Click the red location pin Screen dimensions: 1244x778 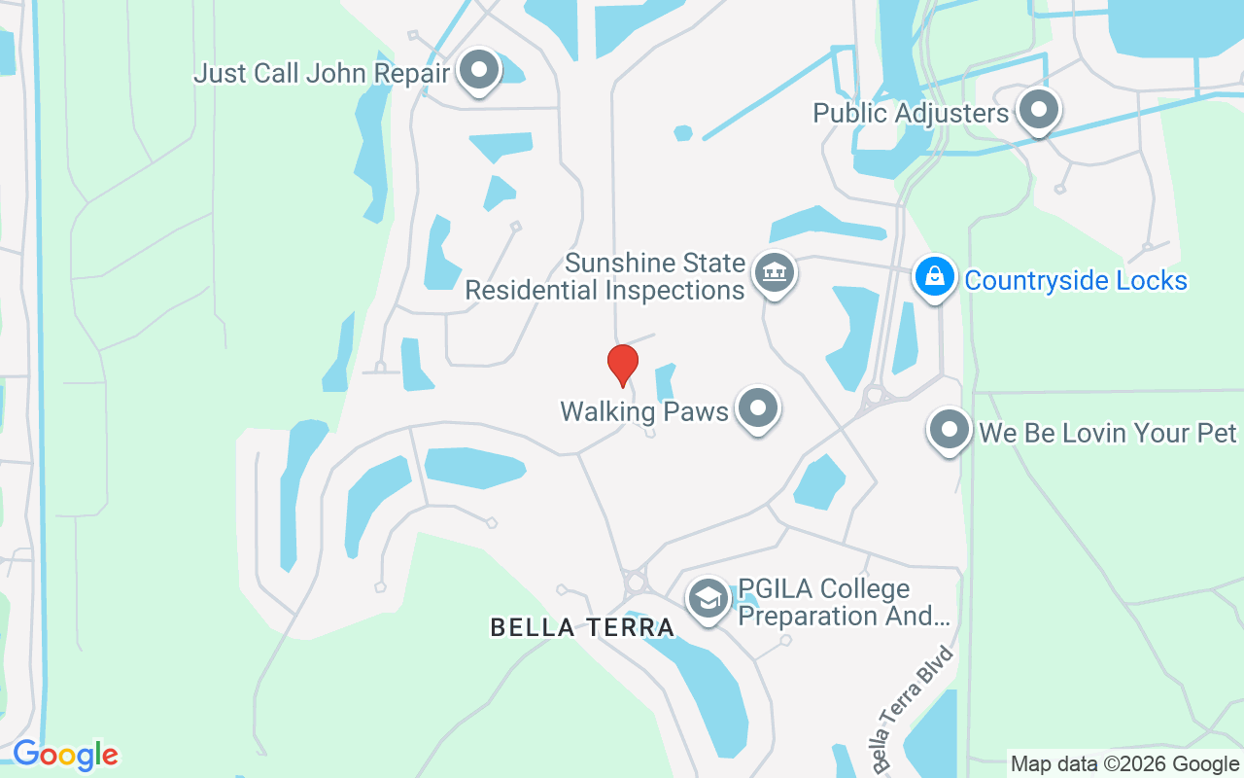pos(622,365)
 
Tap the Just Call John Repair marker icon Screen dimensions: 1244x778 pos(478,70)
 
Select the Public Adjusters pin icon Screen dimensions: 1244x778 pos(1038,110)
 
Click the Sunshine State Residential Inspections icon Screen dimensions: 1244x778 pos(775,273)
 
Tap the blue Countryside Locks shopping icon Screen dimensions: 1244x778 pos(934,276)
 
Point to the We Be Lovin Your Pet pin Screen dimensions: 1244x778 pos(949,429)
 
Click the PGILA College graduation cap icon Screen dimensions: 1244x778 pos(708,599)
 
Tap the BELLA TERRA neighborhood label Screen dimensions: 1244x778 pos(582,627)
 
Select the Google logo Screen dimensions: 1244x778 pos(65,755)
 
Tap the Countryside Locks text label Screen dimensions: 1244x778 pos(1076,281)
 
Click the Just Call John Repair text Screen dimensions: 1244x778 pos(322,73)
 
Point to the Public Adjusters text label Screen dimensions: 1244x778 pos(911,113)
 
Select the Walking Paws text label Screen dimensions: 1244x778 pos(644,411)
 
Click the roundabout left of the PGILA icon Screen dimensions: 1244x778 pos(637,582)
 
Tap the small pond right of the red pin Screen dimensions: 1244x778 pos(666,381)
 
